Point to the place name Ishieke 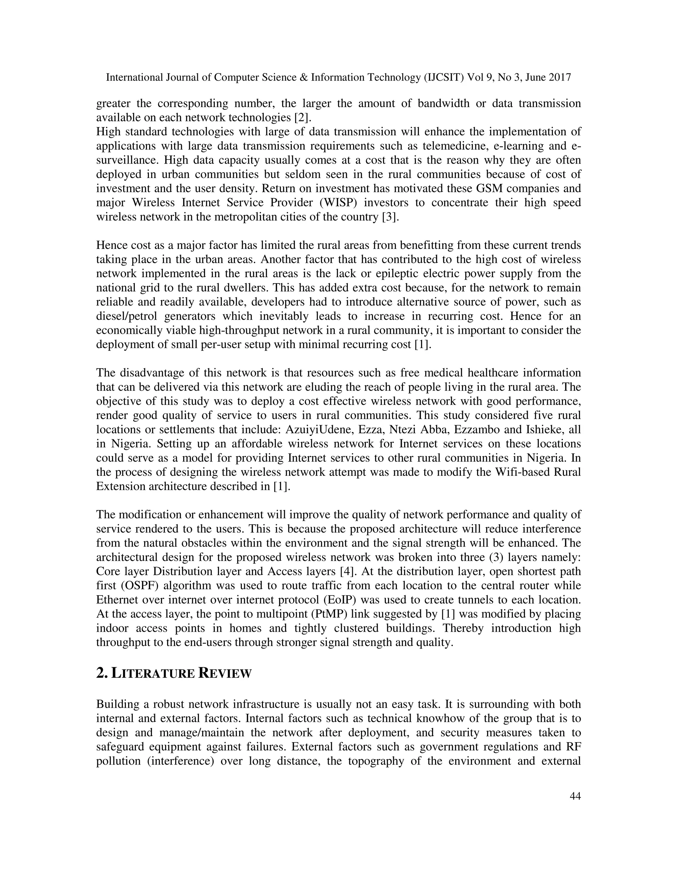click(x=542, y=430)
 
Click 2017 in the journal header click(x=560, y=78)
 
